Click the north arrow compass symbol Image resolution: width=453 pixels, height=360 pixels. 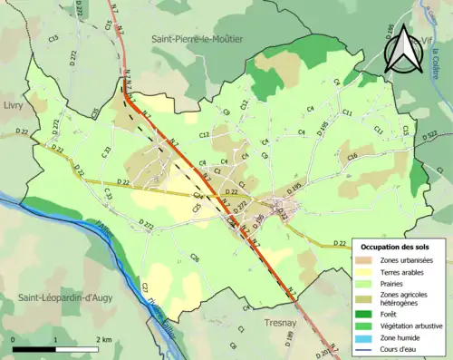[x=401, y=50]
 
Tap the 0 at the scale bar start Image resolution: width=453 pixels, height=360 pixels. [x=14, y=339]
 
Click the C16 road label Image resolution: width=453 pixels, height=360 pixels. [x=352, y=157]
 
